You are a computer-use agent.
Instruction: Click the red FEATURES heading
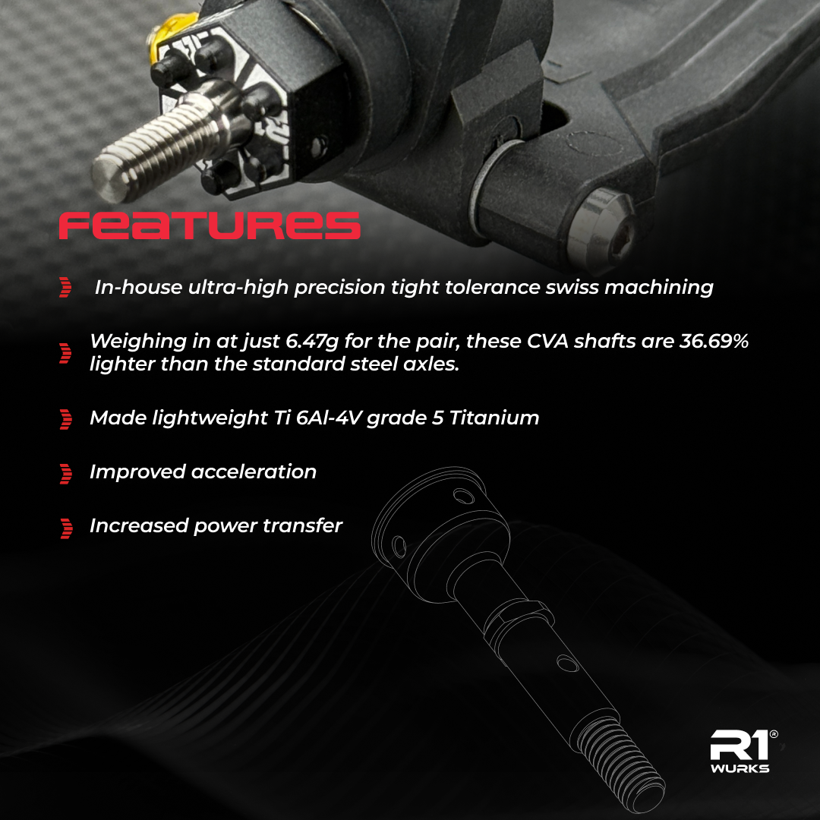(210, 225)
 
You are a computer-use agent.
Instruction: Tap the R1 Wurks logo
(740, 752)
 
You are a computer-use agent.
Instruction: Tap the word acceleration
(254, 471)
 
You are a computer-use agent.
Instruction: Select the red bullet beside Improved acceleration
(66, 473)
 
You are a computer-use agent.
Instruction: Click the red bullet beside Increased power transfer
(66, 528)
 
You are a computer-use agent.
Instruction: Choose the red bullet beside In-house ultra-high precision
(66, 288)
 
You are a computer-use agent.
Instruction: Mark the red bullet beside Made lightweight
(66, 418)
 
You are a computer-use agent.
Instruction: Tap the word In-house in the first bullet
(130, 288)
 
